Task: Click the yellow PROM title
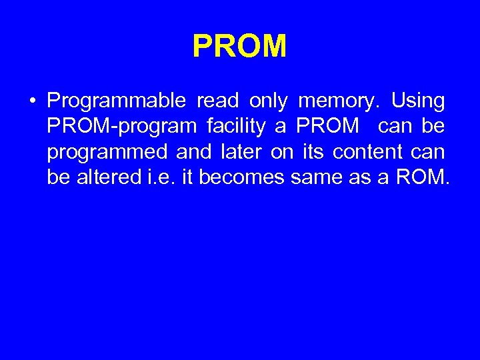[x=239, y=47]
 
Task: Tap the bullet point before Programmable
[x=31, y=102]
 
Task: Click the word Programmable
[x=117, y=101]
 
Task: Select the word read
[x=218, y=101]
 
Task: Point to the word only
[x=269, y=101]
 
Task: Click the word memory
[x=338, y=101]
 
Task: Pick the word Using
[x=418, y=101]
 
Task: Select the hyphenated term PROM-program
[x=122, y=127]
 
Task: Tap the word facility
[x=239, y=127]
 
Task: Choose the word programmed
[x=107, y=152]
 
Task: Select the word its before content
[x=313, y=152]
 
